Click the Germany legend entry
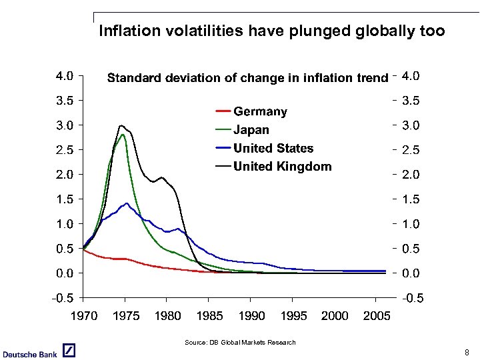tap(260, 111)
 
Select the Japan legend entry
tap(251, 130)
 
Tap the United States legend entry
tap(273, 148)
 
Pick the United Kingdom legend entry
tap(282, 166)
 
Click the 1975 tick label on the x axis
tap(126, 315)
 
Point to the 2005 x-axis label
tap(377, 315)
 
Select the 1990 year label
tap(251, 315)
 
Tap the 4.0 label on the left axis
tap(64, 76)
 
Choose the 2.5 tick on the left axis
tap(64, 150)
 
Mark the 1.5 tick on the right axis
tap(411, 199)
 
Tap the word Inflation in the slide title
tap(125, 31)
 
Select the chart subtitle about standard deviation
tap(247, 78)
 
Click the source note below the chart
tap(240, 343)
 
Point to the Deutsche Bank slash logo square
tap(69, 351)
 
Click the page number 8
tap(467, 352)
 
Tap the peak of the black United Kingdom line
tap(121, 125)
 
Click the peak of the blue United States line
tap(126, 203)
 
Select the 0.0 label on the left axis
tap(64, 273)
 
